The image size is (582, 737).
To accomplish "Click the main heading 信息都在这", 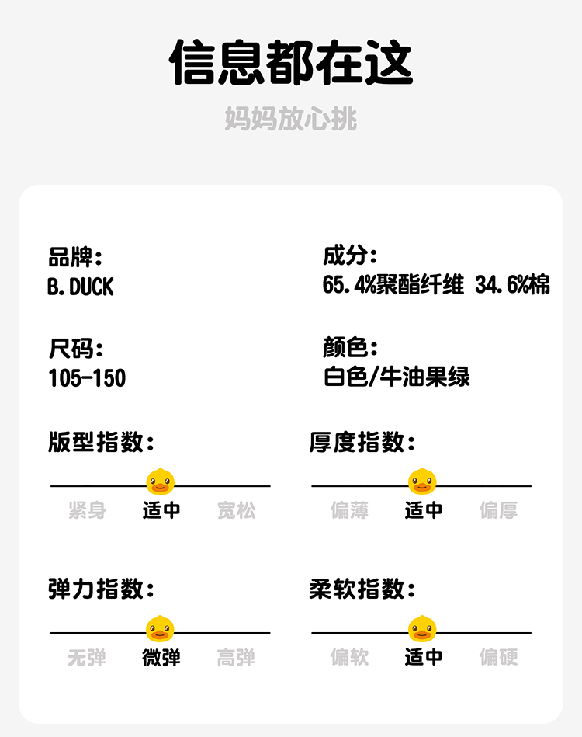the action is pos(291,62).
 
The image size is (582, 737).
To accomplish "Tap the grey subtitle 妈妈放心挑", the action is pos(291,119).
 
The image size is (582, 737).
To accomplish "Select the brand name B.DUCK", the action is pos(80,287).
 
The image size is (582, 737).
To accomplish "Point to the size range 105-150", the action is pos(87,378).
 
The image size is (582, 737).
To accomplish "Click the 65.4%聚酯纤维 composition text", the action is pos(393,285).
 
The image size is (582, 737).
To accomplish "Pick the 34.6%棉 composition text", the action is pos(512,285).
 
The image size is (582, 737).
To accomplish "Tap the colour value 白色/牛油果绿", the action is pos(397,377).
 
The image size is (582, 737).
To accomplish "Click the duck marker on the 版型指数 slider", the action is pos(161,482).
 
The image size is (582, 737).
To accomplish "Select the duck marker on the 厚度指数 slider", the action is pos(423,482).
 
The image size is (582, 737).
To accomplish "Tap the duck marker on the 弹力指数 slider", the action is pos(161,629).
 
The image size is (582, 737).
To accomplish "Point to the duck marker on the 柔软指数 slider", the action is pos(423,629).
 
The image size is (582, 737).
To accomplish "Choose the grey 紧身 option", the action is pos(87,510).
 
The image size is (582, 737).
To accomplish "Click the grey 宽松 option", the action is pos(236,510).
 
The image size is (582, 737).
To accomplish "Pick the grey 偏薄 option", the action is pos(349,510).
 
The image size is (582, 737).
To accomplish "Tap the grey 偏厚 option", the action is pos(498,510).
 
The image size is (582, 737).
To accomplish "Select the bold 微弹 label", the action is pos(161,658).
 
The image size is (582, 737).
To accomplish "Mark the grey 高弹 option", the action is pos(236,658).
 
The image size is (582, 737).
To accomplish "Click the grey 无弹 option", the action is pos(87,658).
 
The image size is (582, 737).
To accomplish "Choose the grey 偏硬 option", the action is pos(498,657).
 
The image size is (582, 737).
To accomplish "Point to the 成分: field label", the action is pos(350,256).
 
